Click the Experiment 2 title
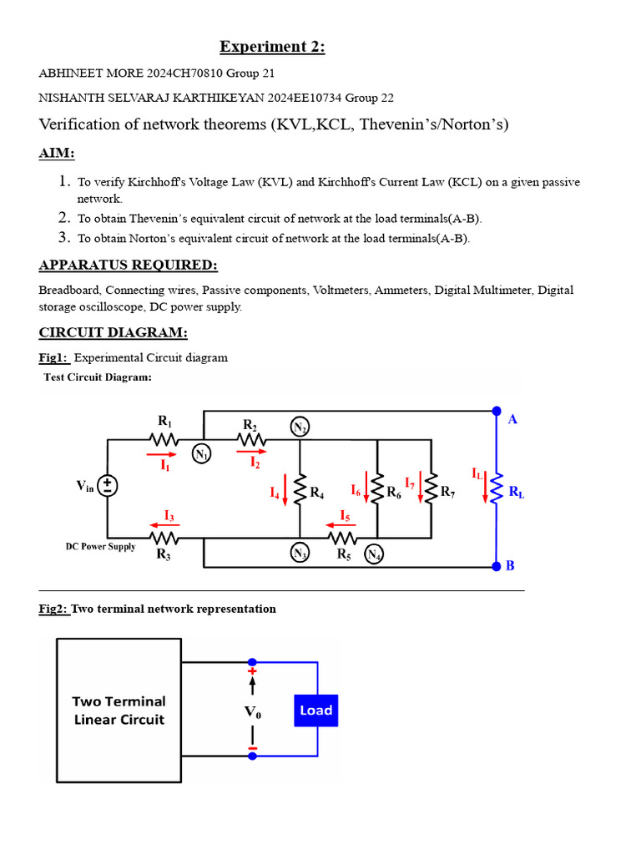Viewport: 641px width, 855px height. click(x=272, y=47)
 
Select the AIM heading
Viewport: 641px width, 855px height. click(x=57, y=154)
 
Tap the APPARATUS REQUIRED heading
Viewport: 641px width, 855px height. click(x=128, y=265)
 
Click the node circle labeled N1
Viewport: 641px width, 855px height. click(x=202, y=454)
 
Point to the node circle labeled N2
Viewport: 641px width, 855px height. click(x=300, y=428)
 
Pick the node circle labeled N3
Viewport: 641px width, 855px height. click(x=300, y=553)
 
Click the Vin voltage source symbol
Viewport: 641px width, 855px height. click(x=108, y=486)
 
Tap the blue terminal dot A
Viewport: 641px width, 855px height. click(x=497, y=411)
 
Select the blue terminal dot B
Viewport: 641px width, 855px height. click(x=497, y=565)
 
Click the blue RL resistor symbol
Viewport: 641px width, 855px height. click(x=497, y=488)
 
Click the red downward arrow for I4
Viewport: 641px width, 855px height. click(x=285, y=490)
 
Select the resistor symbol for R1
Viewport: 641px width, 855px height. click(x=164, y=439)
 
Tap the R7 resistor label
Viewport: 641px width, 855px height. click(x=448, y=492)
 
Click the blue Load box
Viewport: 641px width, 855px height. click(x=316, y=711)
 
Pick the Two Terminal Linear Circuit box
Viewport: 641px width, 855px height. click(x=119, y=711)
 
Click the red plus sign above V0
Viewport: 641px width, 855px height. click(x=252, y=670)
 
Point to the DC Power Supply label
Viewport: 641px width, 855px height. click(x=100, y=547)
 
